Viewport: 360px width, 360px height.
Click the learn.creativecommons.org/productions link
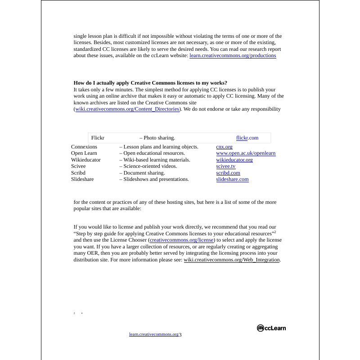click(x=233, y=56)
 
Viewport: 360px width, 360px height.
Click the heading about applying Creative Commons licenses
click(x=150, y=83)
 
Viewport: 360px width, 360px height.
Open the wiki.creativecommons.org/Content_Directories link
click(x=127, y=109)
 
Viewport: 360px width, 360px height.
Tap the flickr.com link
click(x=247, y=138)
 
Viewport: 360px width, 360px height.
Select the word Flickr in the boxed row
click(x=98, y=138)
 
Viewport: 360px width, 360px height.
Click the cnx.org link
click(x=224, y=147)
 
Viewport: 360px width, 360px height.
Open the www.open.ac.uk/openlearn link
click(x=246, y=153)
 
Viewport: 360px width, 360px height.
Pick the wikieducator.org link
click(x=234, y=160)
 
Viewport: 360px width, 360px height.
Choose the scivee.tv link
click(x=225, y=166)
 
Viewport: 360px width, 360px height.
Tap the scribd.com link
click(x=228, y=173)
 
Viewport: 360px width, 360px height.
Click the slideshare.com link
click(x=232, y=179)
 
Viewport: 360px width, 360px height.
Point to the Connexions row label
click(x=84, y=147)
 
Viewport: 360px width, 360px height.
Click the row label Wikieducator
click(x=86, y=160)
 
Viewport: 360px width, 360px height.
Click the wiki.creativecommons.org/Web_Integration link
click(x=232, y=260)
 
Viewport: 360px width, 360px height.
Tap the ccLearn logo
click(x=271, y=328)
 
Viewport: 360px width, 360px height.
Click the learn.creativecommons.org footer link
click(x=153, y=334)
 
